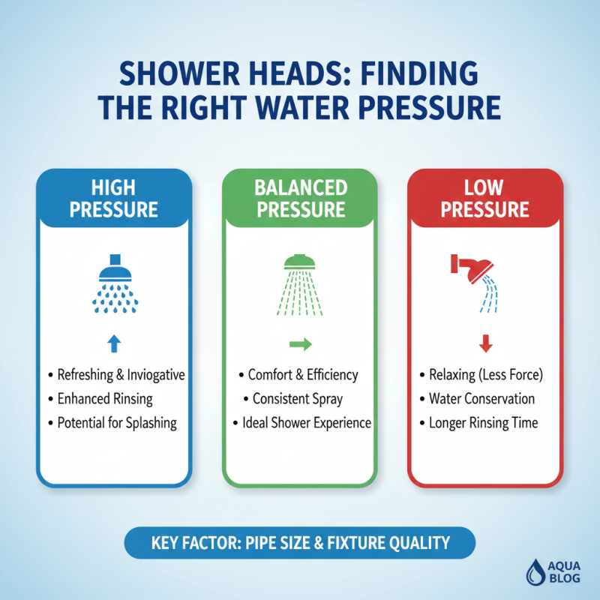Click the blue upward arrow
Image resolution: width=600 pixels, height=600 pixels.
pos(114,343)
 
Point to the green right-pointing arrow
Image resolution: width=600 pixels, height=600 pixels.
pos(300,343)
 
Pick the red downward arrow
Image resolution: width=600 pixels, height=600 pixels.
pos(485,344)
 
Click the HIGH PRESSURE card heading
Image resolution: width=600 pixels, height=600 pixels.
pos(114,197)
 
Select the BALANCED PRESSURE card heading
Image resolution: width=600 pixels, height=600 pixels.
pos(300,197)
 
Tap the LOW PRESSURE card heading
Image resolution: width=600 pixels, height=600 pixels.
pos(485,197)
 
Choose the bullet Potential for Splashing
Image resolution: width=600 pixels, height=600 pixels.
pos(117,422)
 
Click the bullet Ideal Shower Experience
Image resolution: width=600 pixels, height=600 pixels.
pos(306,422)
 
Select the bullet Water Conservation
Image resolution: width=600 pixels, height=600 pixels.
pos(481,398)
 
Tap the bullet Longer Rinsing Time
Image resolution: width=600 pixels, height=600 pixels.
pos(483,422)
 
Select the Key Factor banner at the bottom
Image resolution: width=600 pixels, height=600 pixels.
pos(300,542)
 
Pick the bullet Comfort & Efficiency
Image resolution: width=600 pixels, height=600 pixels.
pos(303,374)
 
